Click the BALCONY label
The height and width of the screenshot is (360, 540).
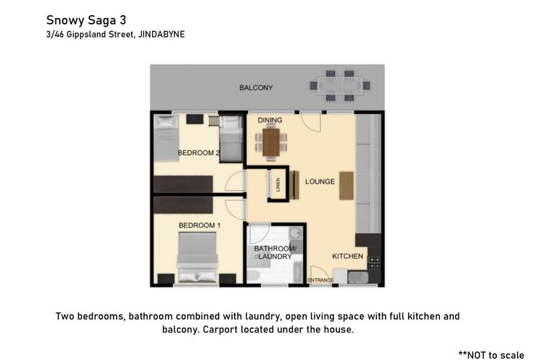click(x=256, y=88)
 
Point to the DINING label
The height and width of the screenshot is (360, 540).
click(x=269, y=120)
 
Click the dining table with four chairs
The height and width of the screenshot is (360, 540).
click(x=271, y=142)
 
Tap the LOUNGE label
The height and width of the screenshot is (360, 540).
click(x=319, y=181)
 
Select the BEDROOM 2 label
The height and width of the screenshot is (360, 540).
click(x=198, y=153)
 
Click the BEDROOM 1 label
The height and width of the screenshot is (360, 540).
click(x=199, y=225)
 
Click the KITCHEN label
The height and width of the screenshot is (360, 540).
click(x=347, y=256)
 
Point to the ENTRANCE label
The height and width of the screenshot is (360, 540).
click(x=320, y=280)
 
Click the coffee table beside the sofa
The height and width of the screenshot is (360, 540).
click(x=347, y=185)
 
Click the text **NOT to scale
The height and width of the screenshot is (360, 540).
click(x=495, y=354)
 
